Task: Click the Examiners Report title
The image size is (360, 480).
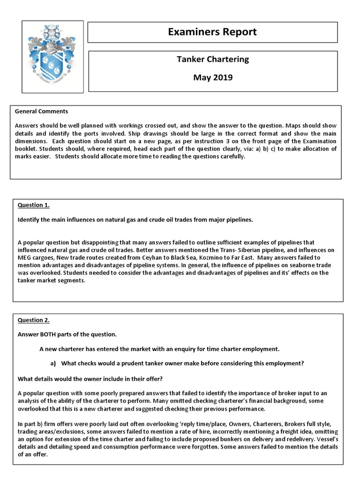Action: click(212, 32)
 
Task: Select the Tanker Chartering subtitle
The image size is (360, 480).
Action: click(212, 59)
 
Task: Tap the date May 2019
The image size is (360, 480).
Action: click(212, 77)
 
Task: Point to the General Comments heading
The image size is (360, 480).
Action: click(41, 112)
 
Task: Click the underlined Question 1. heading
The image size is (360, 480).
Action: click(33, 205)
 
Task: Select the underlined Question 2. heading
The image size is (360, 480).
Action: click(33, 320)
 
